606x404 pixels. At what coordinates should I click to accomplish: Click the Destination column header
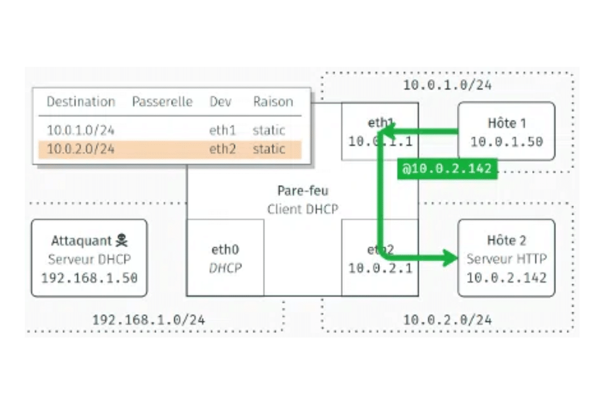(81, 102)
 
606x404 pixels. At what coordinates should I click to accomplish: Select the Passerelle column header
(162, 102)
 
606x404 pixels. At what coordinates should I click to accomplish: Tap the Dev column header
(220, 102)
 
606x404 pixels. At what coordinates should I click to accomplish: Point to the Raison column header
(273, 102)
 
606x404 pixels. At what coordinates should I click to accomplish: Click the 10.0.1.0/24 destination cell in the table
(81, 130)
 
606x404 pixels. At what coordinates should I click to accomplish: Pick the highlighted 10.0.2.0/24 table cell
(81, 149)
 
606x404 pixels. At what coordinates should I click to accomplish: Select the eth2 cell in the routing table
(222, 149)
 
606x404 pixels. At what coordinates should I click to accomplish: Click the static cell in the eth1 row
(269, 130)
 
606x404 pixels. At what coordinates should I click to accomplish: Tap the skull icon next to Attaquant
(122, 240)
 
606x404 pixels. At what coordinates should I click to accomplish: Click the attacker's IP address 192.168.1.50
(89, 277)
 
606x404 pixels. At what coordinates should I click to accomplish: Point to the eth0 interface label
(225, 250)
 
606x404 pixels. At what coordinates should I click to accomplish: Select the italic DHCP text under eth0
(225, 268)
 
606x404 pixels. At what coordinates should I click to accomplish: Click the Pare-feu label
(303, 191)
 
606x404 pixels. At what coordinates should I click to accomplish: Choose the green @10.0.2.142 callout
(447, 169)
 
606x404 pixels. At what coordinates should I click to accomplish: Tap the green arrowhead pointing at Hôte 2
(450, 257)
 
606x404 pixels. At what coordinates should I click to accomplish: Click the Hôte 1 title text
(507, 123)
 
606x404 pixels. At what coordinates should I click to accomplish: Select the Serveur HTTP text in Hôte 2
(507, 259)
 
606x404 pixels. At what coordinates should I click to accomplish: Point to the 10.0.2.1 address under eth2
(380, 268)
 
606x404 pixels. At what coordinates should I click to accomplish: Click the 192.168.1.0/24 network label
(149, 320)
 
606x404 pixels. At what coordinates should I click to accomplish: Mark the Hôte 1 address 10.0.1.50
(507, 142)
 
